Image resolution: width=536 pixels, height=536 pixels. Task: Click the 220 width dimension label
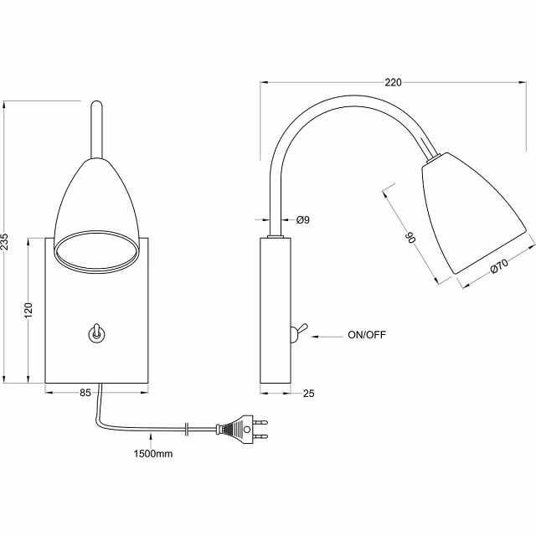(x=393, y=82)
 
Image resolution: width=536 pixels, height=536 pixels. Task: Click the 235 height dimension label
(x=7, y=240)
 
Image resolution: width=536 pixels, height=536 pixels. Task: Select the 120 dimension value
(x=27, y=310)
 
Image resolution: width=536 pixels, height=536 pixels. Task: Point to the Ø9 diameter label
(x=302, y=219)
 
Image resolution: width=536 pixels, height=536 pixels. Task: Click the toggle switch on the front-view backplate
(x=96, y=332)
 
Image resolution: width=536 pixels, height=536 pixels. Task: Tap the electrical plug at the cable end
(x=243, y=430)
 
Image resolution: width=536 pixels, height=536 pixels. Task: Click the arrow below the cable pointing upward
(x=150, y=435)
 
